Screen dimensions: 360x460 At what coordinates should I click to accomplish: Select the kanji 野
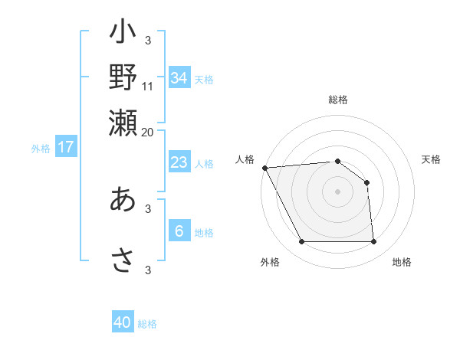click(x=123, y=77)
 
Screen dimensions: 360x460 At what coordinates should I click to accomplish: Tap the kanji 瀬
click(x=123, y=120)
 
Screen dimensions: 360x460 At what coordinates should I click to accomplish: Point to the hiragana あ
click(x=123, y=199)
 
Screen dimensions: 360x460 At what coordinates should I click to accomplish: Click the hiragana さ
click(x=123, y=260)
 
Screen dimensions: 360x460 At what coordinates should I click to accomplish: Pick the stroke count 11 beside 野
click(x=148, y=86)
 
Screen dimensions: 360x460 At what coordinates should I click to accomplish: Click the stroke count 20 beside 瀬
click(x=148, y=131)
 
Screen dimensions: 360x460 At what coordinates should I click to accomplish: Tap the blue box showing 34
click(x=179, y=77)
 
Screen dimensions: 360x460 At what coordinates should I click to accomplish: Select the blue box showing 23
click(x=179, y=162)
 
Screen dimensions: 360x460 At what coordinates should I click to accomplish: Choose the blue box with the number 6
click(x=179, y=231)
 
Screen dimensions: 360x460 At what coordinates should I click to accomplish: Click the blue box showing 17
click(x=66, y=148)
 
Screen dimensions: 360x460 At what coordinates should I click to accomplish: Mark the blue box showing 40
click(x=123, y=322)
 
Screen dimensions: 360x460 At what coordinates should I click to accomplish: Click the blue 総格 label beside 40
click(x=147, y=324)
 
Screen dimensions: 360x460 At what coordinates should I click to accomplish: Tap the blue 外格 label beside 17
click(x=41, y=149)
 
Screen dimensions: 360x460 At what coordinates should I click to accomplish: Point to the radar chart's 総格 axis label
click(x=337, y=100)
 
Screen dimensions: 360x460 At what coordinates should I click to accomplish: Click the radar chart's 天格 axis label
click(x=431, y=159)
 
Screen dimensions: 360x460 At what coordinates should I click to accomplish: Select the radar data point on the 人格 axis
click(x=264, y=168)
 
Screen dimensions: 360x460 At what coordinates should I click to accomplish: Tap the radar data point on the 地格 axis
click(x=373, y=242)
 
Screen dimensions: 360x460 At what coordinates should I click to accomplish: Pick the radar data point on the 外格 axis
click(x=301, y=242)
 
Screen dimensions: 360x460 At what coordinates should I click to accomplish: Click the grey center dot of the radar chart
click(x=337, y=191)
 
